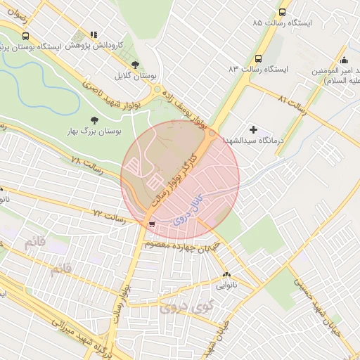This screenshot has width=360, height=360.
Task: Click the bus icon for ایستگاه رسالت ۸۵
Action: tap(282, 12)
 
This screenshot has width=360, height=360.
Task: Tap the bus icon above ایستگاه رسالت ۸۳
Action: tap(258, 59)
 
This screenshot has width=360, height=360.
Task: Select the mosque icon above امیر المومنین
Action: tap(343, 59)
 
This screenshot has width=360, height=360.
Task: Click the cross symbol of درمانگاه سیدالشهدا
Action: tap(253, 129)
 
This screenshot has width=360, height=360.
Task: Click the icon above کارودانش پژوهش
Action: tap(94, 34)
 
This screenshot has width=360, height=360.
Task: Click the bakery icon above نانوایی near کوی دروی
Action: tap(226, 275)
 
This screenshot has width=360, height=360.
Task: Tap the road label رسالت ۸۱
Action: tap(293, 101)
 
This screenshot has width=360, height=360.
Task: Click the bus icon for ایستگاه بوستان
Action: tap(26, 36)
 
